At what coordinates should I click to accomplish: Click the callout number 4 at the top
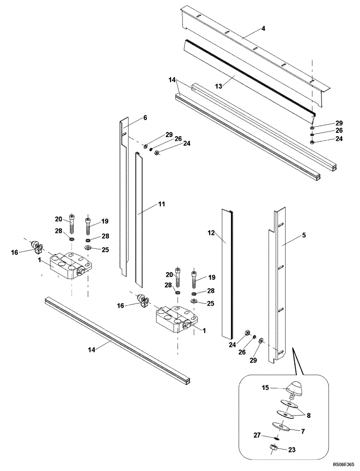click(x=263, y=29)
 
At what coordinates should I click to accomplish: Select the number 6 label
click(x=145, y=118)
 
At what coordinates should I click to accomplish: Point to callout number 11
click(x=161, y=204)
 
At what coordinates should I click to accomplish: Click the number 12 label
click(x=211, y=233)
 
